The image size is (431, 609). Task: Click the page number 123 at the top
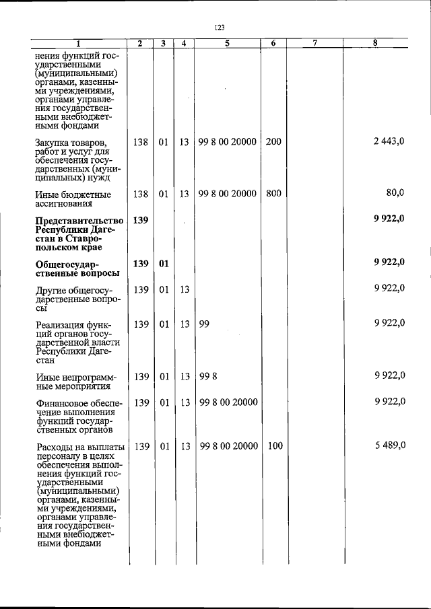click(219, 28)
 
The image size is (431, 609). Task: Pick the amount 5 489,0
click(389, 446)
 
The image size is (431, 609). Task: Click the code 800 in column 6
click(273, 194)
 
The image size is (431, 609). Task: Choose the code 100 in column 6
click(273, 446)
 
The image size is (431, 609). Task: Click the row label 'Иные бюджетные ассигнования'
click(73, 199)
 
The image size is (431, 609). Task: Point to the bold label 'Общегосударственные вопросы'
click(77, 268)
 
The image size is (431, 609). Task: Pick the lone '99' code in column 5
click(205, 324)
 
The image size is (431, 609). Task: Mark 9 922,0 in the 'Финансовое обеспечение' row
click(389, 402)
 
